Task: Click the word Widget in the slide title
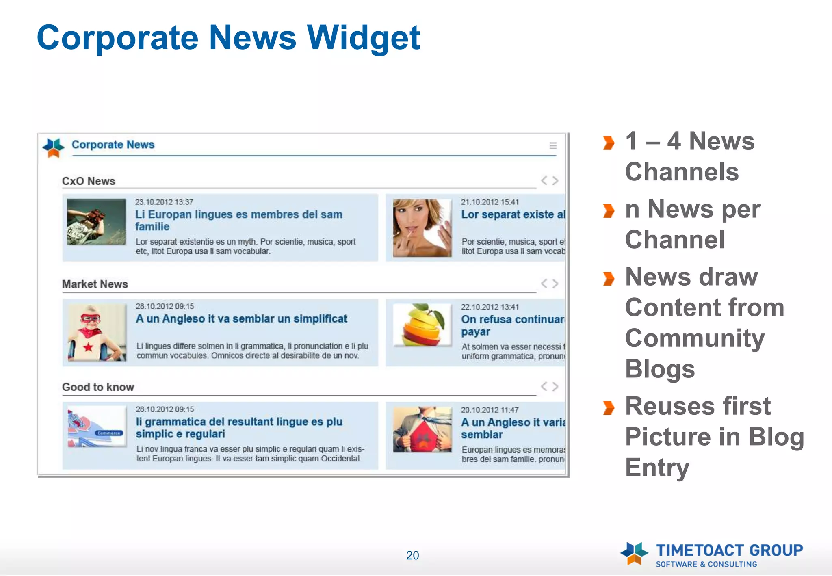coord(363,38)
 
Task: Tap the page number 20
coord(412,555)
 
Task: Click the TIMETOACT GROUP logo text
coord(729,551)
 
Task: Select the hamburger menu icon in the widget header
coord(553,145)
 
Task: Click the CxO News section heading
coord(89,181)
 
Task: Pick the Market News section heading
coord(95,284)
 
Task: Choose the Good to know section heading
coord(98,387)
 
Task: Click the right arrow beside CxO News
coord(555,180)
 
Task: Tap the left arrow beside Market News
coord(544,284)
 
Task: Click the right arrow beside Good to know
coord(555,386)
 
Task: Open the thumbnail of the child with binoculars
coord(96,221)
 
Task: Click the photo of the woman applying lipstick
coord(422,227)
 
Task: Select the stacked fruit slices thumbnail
coord(422,325)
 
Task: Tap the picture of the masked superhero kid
coord(97,332)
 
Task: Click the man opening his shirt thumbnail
coord(422,429)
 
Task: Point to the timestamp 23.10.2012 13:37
coord(164,202)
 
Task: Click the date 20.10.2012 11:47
coord(490,410)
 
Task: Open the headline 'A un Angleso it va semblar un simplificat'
coord(241,319)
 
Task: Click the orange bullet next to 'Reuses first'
coord(608,407)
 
